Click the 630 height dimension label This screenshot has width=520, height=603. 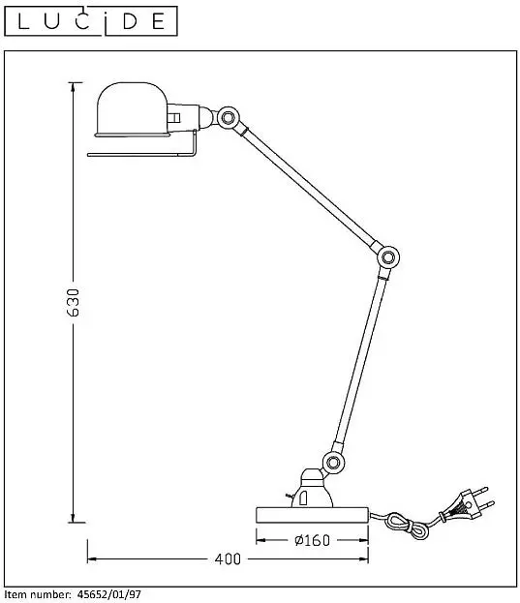point(73,303)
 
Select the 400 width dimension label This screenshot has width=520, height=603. point(228,558)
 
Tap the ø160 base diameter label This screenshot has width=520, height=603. point(312,540)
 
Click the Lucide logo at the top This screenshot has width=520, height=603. point(91,21)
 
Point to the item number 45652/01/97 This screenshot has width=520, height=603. point(109,594)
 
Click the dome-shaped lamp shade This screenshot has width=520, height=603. point(133,109)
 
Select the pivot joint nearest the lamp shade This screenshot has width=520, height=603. point(229,117)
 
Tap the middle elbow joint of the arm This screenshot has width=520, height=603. point(388,256)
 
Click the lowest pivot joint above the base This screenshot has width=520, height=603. point(333,462)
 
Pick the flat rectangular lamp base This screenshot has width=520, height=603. point(312,515)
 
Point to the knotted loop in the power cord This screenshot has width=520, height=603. point(408,526)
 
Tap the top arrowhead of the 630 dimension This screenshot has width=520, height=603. point(73,87)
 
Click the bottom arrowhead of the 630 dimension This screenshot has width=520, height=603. point(73,518)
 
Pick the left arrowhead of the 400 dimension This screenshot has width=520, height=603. point(92,558)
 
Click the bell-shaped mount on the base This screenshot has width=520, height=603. point(312,489)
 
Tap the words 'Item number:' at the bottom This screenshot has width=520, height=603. point(38,594)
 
